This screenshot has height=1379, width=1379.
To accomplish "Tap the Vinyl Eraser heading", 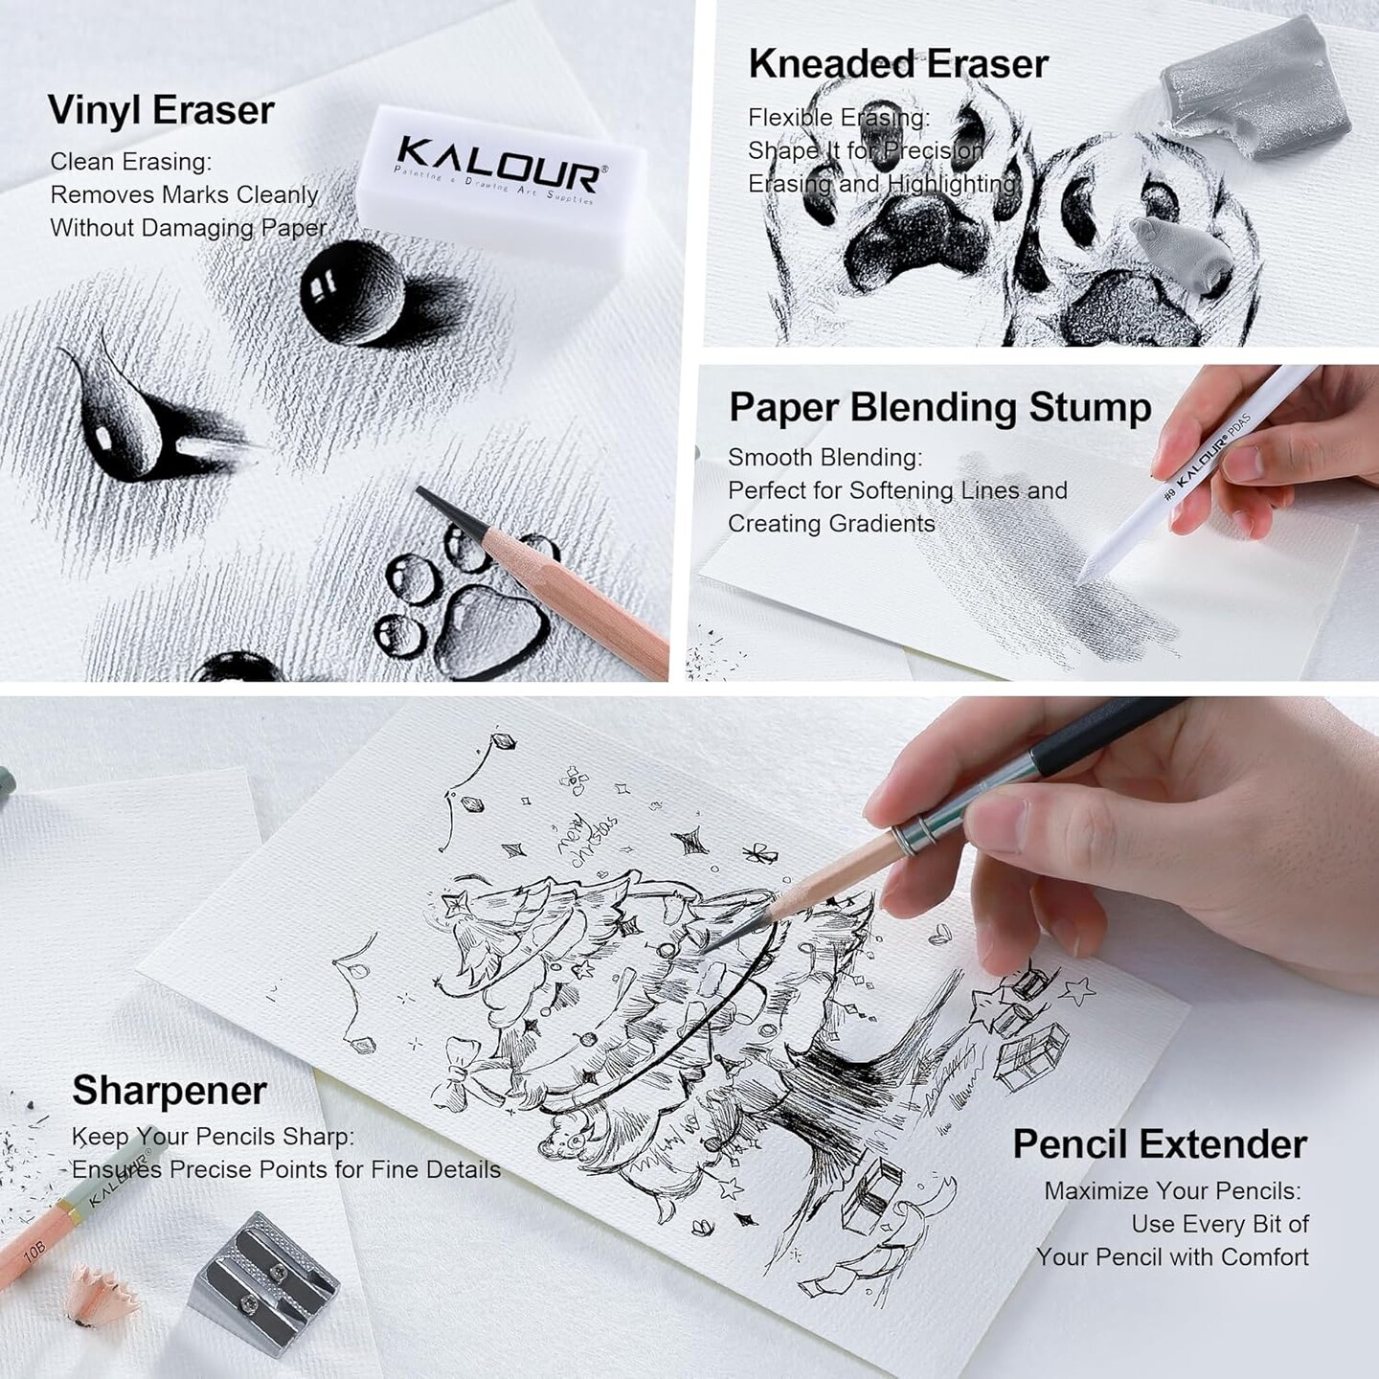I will coord(161,110).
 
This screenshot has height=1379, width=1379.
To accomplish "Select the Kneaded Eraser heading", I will coord(898,64).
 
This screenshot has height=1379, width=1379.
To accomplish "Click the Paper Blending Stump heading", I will coord(939,407).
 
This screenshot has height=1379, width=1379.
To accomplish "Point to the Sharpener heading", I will coord(170,1090).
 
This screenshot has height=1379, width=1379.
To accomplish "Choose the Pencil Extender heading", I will coord(1159,1144).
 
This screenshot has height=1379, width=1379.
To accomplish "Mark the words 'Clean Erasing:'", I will coord(131,162).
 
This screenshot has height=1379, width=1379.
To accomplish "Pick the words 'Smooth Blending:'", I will coord(825,458).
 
